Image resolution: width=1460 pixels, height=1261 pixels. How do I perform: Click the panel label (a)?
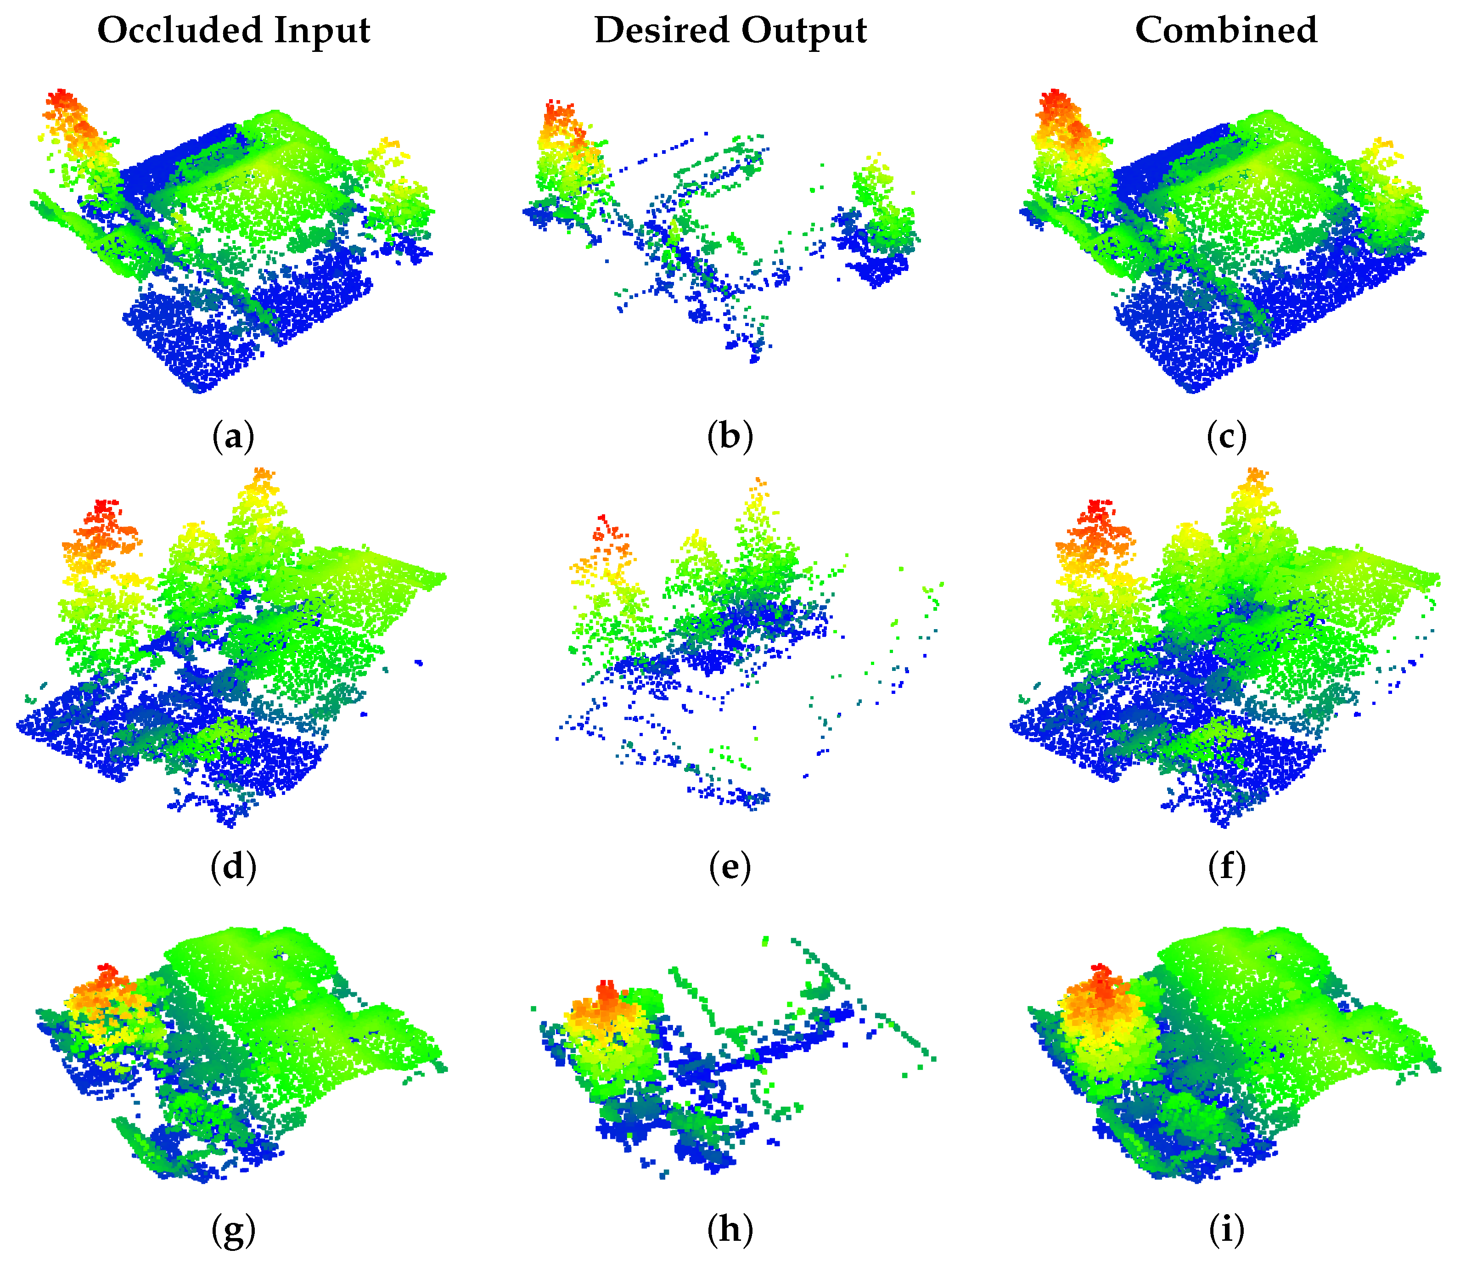click(x=233, y=436)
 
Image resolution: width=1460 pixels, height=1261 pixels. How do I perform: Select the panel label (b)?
click(x=730, y=436)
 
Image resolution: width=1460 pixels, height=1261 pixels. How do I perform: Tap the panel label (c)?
click(x=1227, y=436)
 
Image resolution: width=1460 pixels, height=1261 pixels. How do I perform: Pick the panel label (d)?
click(x=233, y=866)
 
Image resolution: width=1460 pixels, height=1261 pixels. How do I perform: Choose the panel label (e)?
click(x=730, y=866)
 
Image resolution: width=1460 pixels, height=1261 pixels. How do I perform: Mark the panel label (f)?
click(x=1227, y=866)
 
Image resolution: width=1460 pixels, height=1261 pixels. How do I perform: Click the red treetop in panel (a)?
click(x=62, y=99)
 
